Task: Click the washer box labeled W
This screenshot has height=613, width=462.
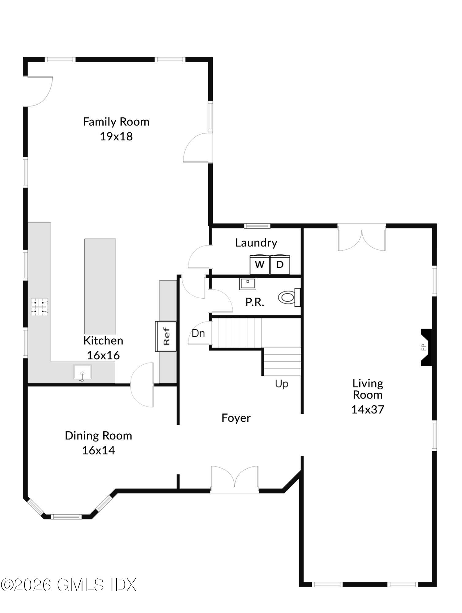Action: (x=260, y=264)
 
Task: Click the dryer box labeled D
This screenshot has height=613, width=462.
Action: (x=280, y=264)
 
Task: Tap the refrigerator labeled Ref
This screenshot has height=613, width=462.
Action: (x=166, y=336)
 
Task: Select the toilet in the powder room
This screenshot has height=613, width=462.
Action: (x=288, y=297)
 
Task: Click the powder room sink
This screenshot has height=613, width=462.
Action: (x=247, y=284)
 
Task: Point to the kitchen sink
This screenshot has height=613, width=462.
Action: (x=82, y=372)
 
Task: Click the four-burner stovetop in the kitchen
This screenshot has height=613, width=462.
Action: (x=40, y=307)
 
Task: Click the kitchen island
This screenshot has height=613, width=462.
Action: (x=100, y=286)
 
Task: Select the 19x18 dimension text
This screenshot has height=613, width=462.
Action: (x=116, y=136)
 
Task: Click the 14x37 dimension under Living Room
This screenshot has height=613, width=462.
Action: (x=368, y=409)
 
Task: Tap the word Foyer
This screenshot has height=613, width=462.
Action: (x=236, y=418)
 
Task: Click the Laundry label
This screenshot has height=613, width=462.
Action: (x=256, y=243)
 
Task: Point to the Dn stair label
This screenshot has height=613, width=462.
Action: (x=198, y=333)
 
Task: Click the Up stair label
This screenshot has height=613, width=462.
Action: (x=281, y=384)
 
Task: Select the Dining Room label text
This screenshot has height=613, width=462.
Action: (x=98, y=436)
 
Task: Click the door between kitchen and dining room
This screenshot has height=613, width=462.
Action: (x=142, y=384)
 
